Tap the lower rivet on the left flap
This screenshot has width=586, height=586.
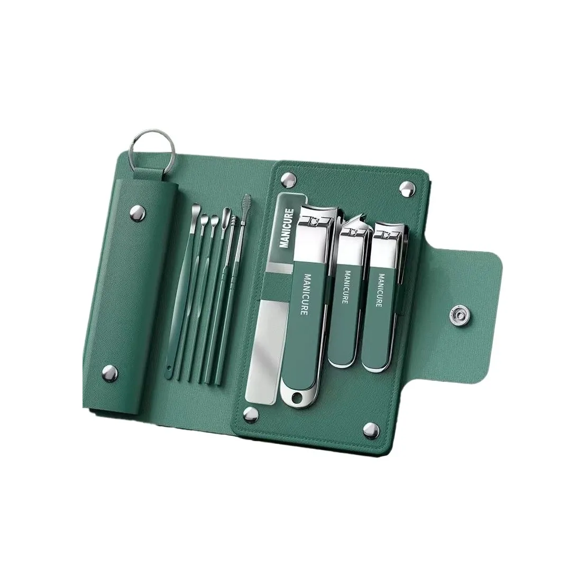click(x=110, y=372)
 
